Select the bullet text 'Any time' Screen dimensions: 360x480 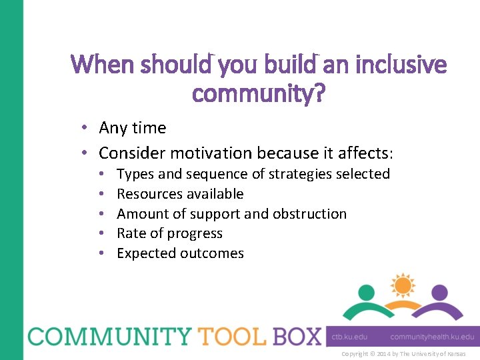click(133, 127)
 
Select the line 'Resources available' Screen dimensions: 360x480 click(180, 194)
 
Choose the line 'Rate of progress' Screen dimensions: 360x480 click(169, 233)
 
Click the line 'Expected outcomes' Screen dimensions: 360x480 click(180, 253)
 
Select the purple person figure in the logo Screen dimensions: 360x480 click(438, 303)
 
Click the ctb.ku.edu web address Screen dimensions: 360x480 click(349, 337)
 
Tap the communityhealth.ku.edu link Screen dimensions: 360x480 click(432, 337)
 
